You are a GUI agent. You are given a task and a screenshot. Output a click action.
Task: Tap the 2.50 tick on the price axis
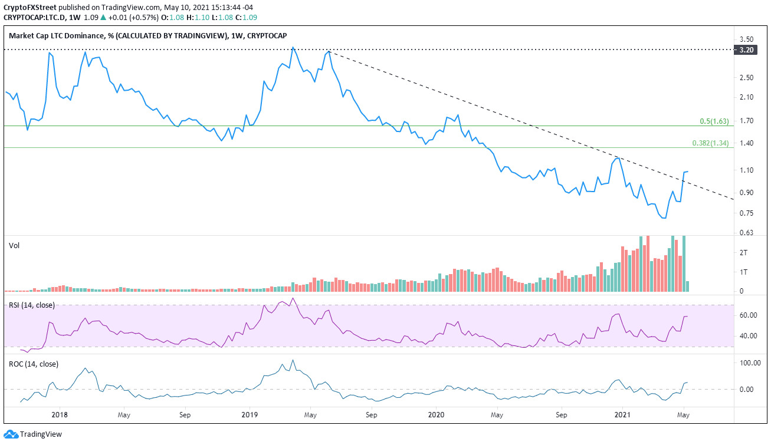tap(746, 78)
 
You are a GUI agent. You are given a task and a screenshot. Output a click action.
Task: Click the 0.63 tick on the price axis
tap(746, 233)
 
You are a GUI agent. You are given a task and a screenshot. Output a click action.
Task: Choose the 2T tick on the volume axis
tap(744, 252)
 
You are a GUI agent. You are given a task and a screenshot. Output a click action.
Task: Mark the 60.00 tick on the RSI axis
tap(748, 315)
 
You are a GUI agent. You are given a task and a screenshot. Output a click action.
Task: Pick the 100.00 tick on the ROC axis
tap(750, 363)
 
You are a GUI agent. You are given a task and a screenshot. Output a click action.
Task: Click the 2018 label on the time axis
tap(60, 414)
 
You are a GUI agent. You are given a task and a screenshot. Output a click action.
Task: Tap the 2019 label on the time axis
tap(249, 414)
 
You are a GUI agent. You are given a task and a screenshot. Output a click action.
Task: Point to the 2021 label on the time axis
tap(624, 414)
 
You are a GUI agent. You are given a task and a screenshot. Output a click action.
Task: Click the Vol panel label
tap(14, 245)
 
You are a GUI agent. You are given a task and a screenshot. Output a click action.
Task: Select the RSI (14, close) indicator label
tap(32, 305)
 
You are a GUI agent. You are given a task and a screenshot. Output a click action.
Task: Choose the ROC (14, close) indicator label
tap(33, 364)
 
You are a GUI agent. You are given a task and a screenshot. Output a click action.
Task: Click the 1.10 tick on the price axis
tap(746, 170)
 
